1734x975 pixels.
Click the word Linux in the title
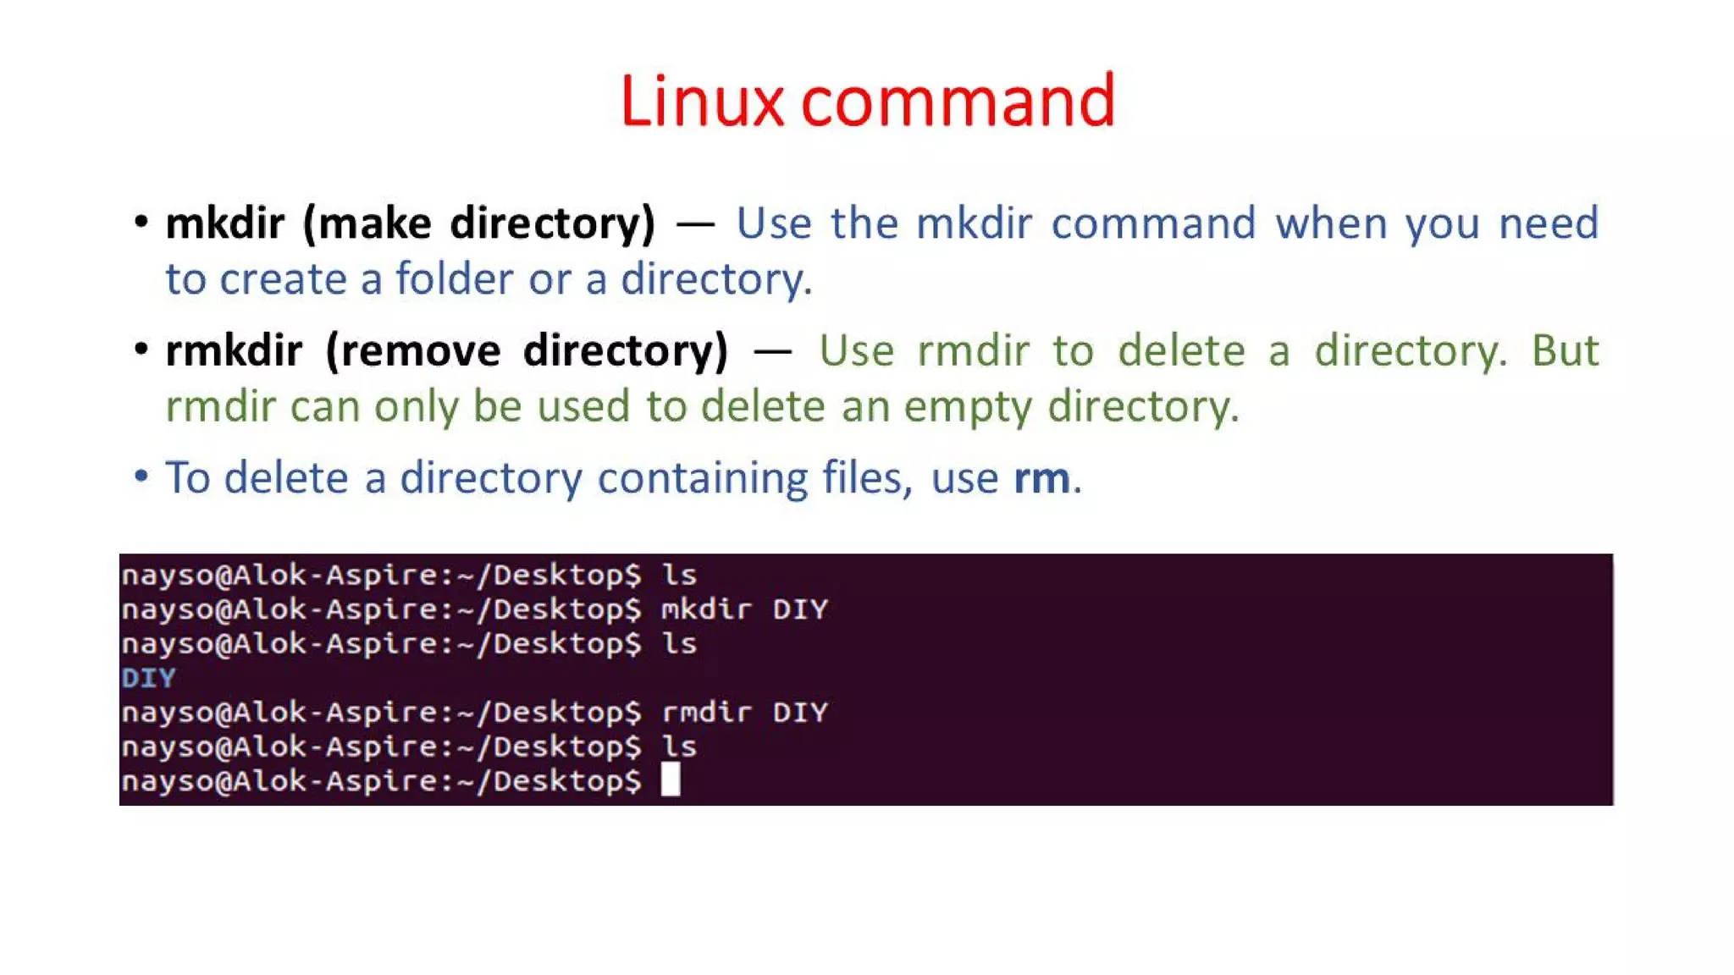(702, 102)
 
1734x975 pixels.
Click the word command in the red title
(958, 102)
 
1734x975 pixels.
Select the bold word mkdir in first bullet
(224, 223)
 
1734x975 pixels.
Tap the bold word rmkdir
(234, 350)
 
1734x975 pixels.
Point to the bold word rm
(1042, 478)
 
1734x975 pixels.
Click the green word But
(1565, 350)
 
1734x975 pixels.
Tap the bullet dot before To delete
(141, 476)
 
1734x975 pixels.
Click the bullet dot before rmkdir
(141, 348)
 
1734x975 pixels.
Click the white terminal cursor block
(671, 779)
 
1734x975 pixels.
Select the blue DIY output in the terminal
(148, 678)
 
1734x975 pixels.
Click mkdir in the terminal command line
(706, 609)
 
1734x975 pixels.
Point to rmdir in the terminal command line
(706, 713)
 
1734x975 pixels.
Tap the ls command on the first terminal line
(679, 576)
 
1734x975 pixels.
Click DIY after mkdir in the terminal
(800, 609)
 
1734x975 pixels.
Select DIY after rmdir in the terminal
(800, 713)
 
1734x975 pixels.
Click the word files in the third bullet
(867, 478)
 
